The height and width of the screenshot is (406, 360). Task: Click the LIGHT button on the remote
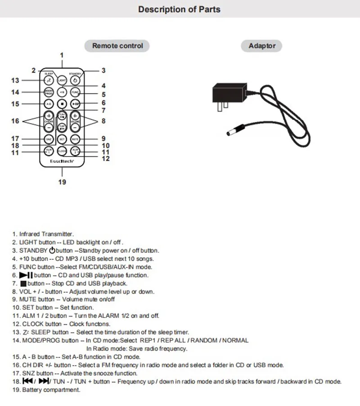point(62,80)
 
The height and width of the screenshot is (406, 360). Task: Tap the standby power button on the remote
point(76,80)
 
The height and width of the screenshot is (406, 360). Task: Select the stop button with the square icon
point(62,104)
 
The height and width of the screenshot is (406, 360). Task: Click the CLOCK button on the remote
point(62,152)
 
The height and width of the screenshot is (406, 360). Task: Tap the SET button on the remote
point(62,139)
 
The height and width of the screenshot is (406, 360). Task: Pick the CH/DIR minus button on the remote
point(49,128)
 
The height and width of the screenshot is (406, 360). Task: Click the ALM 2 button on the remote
point(76,151)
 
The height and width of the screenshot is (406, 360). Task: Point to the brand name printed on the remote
point(62,161)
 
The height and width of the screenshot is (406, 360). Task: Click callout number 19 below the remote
point(62,182)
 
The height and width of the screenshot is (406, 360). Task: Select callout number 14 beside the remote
point(15,92)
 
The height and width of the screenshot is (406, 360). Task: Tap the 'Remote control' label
point(117,45)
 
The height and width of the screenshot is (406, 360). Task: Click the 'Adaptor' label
point(262,45)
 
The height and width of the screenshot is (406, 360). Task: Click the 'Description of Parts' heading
point(179,9)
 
